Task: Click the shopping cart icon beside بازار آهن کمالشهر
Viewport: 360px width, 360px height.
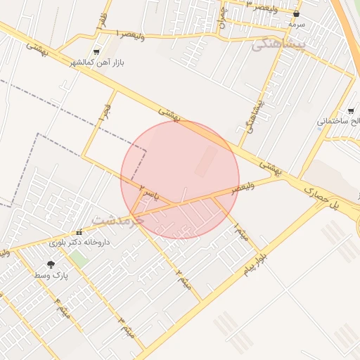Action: (x=96, y=52)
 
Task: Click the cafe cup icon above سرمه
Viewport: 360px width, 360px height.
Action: (x=296, y=14)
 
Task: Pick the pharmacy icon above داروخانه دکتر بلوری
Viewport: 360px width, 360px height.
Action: (x=79, y=233)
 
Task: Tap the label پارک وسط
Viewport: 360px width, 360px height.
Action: (x=51, y=276)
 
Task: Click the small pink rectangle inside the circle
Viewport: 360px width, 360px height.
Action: (x=206, y=161)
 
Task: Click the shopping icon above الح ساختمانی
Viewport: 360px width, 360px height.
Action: (x=351, y=111)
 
